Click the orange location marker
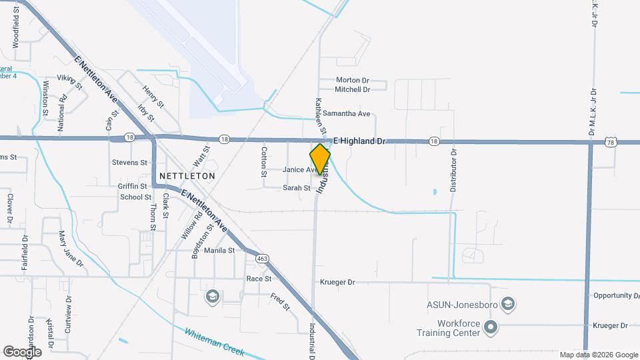320,159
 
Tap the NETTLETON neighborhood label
187,176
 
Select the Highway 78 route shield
612,142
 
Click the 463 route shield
262,257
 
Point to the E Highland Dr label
360,141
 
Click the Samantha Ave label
347,114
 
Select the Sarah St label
297,188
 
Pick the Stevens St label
129,162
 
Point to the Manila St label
219,251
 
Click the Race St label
259,279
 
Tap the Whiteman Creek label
215,342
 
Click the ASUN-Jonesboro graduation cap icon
508,305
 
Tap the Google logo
22,351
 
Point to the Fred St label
281,302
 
